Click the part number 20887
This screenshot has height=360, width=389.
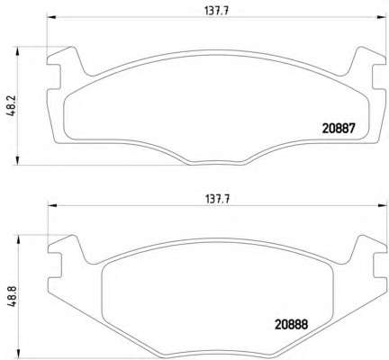(x=339, y=129)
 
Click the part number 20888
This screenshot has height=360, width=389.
(x=292, y=324)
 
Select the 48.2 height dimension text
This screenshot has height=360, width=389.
(x=11, y=105)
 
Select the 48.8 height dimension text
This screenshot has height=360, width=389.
(x=11, y=296)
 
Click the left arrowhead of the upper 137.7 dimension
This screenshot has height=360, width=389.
(x=51, y=17)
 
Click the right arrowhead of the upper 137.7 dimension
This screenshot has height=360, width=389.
(x=382, y=17)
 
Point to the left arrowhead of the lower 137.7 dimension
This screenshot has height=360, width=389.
(x=53, y=205)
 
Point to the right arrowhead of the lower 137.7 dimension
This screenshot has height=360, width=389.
(x=382, y=205)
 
